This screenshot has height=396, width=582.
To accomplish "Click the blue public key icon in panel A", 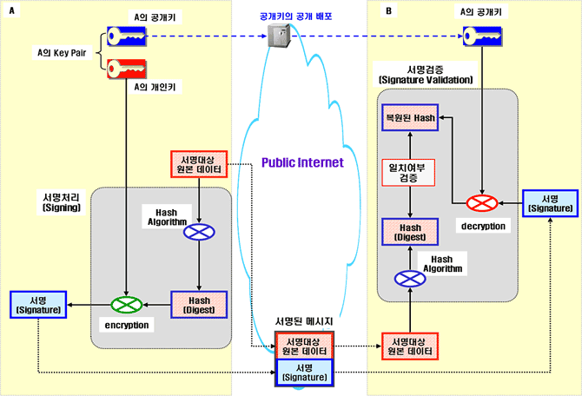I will pos(127,36).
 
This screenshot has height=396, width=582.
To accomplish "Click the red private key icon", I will pos(127,68).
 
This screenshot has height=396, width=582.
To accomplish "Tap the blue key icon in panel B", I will pos(480,36).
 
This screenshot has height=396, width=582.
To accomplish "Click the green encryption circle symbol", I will pos(127,305).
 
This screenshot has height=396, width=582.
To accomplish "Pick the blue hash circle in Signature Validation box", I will pos(409,278).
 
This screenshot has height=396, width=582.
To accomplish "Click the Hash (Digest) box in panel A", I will pos(199,305).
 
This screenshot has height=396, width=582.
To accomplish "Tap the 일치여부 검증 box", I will pos(409,171).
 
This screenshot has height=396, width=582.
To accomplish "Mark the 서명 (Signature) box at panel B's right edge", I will pos(549,203).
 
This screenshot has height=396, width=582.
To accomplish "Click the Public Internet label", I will pos(302,162).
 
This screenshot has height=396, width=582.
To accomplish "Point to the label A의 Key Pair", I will pos(63,52).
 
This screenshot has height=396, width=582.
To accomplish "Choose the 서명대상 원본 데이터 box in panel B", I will pos(409,346).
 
